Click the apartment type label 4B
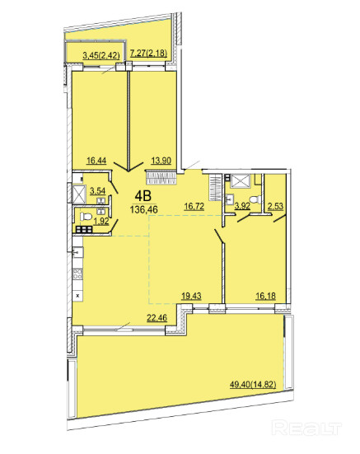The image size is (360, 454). [x=143, y=196]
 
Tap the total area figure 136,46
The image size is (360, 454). [x=144, y=209]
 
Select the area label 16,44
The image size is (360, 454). [x=96, y=161]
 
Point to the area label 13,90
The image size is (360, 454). [x=161, y=161]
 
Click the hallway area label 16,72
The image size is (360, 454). [x=194, y=207]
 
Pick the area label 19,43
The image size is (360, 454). [x=191, y=296]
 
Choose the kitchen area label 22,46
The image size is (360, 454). [x=157, y=318]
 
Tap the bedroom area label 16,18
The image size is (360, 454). [x=265, y=296]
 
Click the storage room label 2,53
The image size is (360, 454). [x=275, y=207]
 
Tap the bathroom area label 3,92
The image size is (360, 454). [x=242, y=207]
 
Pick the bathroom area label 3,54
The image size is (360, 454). [x=97, y=191]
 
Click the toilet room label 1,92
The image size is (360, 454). [x=102, y=221]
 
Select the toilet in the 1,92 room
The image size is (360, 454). [x=86, y=216]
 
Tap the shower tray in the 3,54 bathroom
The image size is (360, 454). [x=79, y=194]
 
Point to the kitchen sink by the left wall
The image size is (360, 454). [x=77, y=252]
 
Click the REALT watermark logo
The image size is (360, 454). [x=307, y=428]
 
